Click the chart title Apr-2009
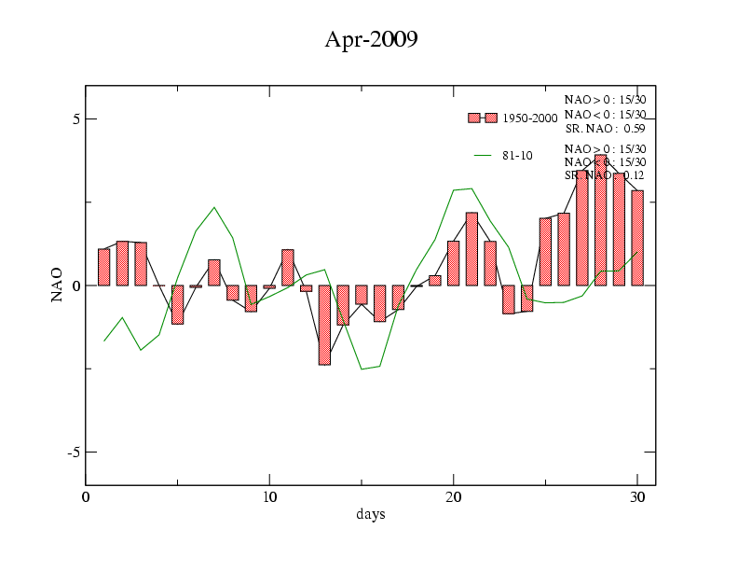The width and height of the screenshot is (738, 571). [370, 39]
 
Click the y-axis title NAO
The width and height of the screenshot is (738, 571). [58, 285]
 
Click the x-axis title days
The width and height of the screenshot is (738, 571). [370, 514]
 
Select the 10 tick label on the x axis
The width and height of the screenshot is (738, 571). [269, 496]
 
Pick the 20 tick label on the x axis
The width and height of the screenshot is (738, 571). [453, 496]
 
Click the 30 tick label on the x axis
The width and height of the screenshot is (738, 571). [637, 496]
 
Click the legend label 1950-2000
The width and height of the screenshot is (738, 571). [529, 118]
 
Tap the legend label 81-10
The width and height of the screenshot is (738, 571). [517, 155]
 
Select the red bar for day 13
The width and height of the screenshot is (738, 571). [324, 325]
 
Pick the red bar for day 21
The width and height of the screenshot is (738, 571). [471, 249]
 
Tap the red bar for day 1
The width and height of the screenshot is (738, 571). [104, 267]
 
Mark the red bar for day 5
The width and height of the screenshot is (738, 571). [177, 304]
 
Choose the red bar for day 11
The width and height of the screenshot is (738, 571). [288, 268]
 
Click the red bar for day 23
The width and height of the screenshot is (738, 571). [509, 299]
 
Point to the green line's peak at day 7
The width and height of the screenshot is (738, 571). [214, 207]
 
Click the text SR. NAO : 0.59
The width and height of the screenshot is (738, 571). [605, 129]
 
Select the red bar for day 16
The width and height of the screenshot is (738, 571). [379, 303]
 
